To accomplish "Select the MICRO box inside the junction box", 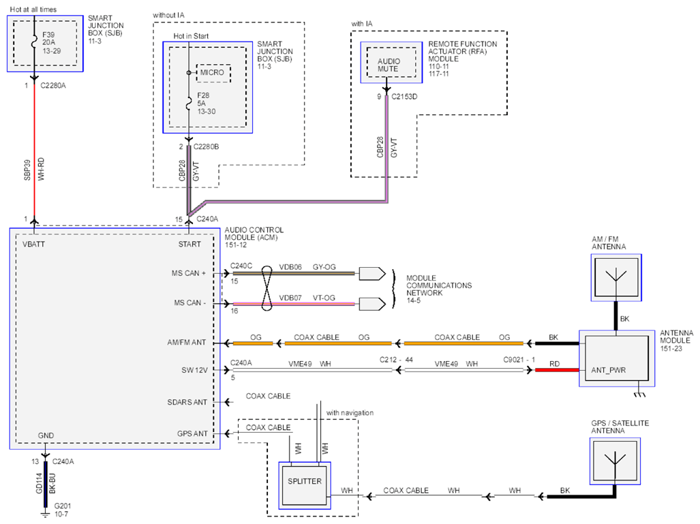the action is coord(213,73).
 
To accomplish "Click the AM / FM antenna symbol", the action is coord(616,277).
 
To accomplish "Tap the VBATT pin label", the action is coord(33,244).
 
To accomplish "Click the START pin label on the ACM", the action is coord(189,244).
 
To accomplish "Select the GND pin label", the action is coord(46,435).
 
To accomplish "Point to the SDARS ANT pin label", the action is coord(187,402).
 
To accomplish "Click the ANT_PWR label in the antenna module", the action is coord(608,370).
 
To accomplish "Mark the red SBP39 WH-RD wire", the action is coord(34,151).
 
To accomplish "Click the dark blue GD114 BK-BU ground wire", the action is coord(46,484).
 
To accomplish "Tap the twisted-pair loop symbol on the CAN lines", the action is coord(267,288).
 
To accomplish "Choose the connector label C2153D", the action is coord(404,96).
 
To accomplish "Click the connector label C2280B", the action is coord(206,147).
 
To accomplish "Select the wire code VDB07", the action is coord(290,298).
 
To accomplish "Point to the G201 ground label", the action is coord(63,506).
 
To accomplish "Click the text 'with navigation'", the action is coord(350,413).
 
